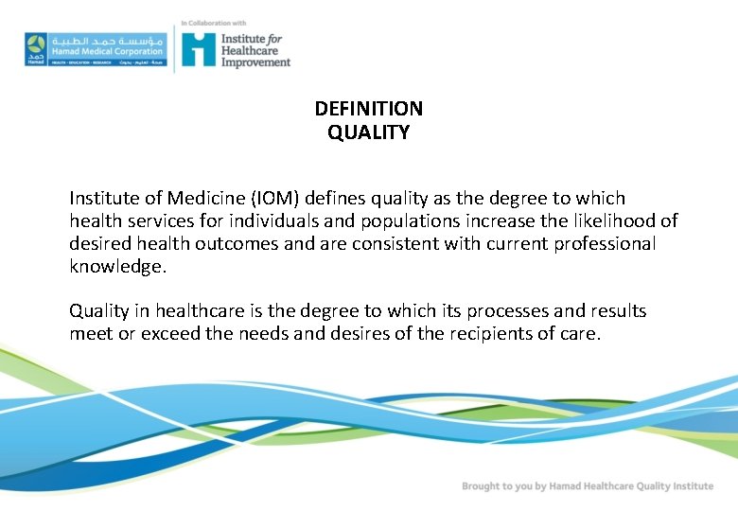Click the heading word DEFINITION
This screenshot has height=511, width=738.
pos(369,109)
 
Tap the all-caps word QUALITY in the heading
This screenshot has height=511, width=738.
pos(369,133)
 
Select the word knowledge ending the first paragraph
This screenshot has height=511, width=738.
pos(117,266)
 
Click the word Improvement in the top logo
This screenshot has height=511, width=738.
pos(255,62)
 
